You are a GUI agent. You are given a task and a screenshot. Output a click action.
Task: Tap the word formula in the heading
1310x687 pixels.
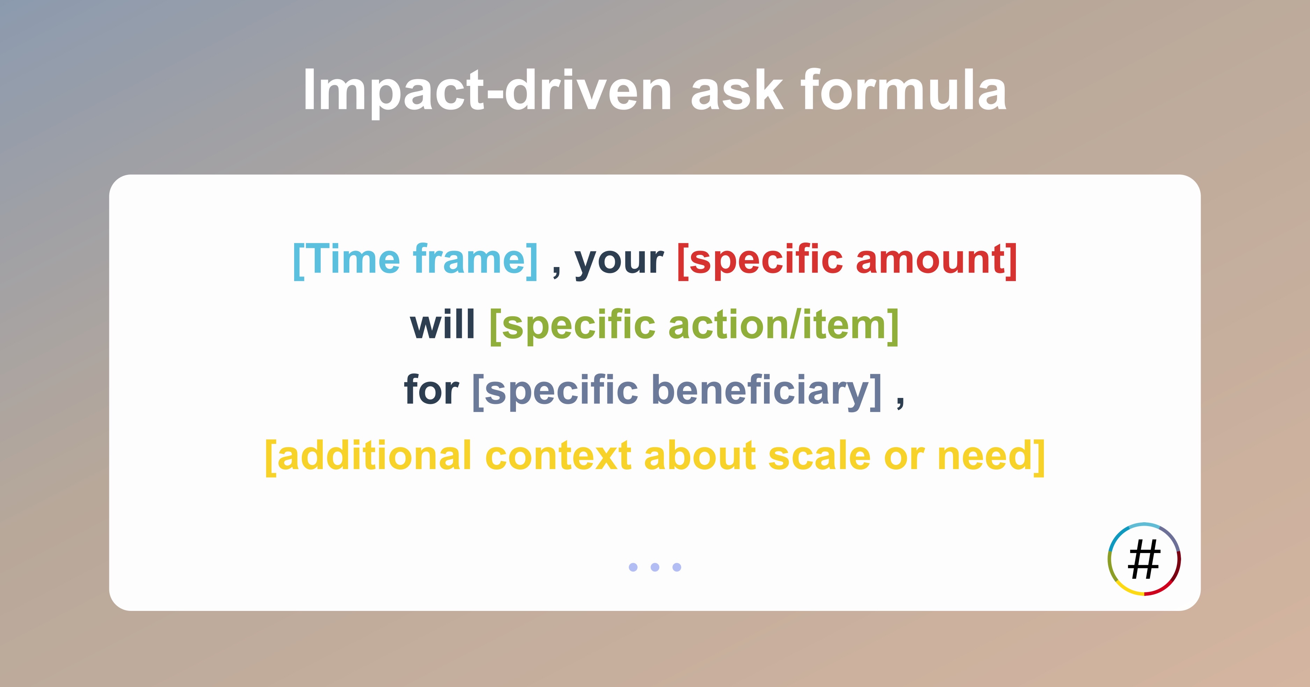[904, 90]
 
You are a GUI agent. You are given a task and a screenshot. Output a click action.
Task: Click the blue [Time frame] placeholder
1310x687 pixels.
[415, 260]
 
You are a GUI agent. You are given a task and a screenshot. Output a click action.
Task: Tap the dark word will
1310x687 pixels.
[442, 325]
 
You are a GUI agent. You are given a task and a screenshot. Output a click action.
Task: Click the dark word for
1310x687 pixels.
[431, 390]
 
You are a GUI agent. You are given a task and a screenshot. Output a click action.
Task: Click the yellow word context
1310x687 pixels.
[558, 456]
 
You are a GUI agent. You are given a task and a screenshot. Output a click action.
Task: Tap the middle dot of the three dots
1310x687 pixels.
[655, 567]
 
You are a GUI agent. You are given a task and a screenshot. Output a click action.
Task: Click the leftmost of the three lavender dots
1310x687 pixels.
[633, 567]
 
